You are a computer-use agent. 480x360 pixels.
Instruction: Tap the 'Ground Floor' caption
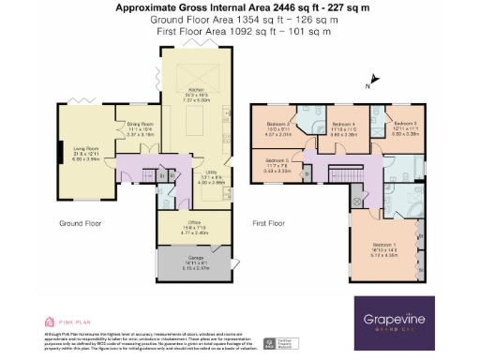click(80, 224)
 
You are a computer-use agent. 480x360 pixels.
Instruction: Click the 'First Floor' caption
click(270, 224)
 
